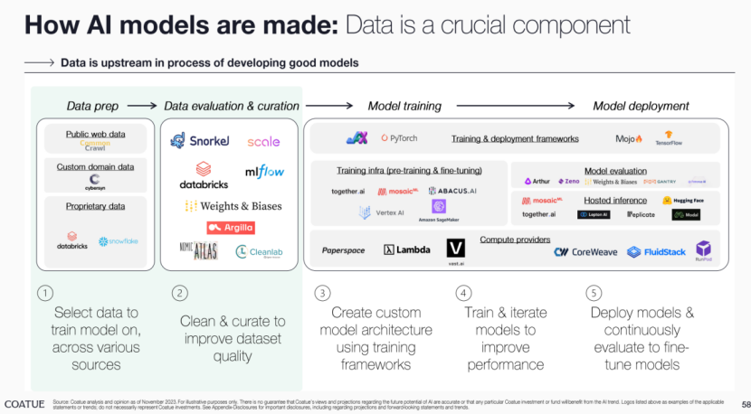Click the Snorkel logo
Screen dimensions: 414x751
[199, 141]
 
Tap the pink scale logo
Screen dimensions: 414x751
[263, 142]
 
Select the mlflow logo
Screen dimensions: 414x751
[263, 172]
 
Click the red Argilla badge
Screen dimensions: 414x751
[231, 228]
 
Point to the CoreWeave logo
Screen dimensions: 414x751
[585, 252]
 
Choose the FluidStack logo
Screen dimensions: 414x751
[657, 252]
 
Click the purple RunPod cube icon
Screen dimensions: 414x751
[703, 249]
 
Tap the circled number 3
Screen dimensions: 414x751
[321, 293]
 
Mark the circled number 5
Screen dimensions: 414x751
[594, 293]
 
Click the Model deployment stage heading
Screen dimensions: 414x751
[641, 106]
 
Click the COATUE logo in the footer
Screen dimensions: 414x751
[24, 402]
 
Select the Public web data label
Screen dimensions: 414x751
[95, 135]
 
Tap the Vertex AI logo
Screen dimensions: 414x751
[377, 212]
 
